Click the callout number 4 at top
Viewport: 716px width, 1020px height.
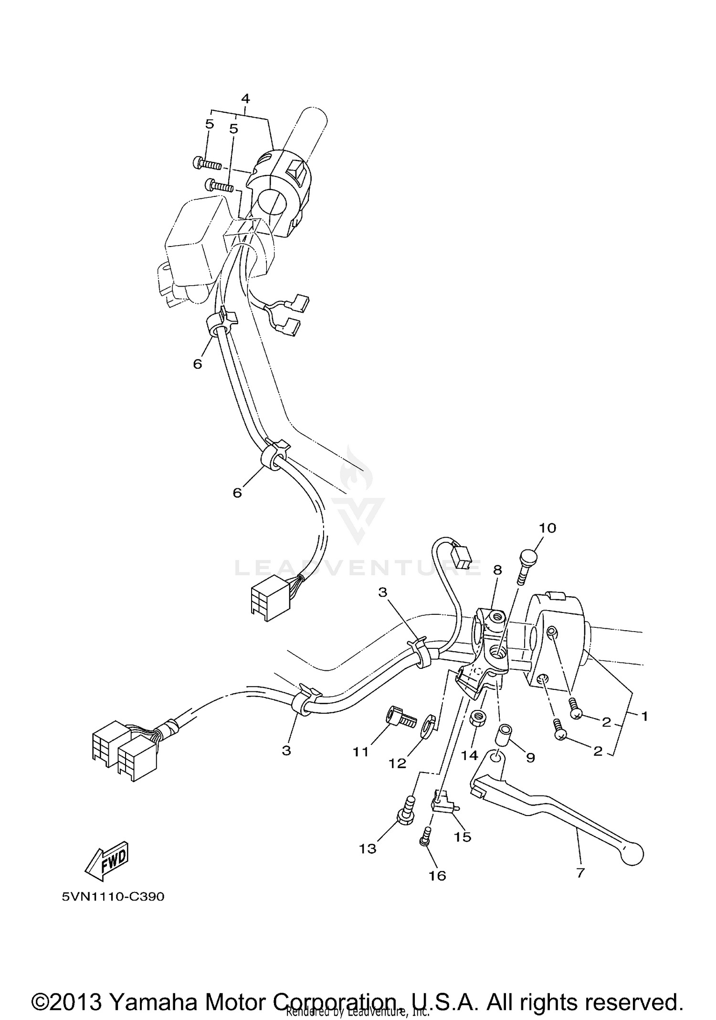245,99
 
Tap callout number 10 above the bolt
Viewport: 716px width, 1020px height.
548,528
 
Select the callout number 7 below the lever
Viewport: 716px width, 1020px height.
580,873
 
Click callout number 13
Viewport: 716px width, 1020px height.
368,848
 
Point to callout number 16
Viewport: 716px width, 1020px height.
437,875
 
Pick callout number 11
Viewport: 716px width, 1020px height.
361,752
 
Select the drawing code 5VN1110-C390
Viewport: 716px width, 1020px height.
113,897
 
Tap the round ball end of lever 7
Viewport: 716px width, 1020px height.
632,855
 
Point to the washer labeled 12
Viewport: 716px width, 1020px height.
428,723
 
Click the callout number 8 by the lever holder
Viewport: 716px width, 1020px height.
497,570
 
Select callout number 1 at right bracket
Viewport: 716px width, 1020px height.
644,716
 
